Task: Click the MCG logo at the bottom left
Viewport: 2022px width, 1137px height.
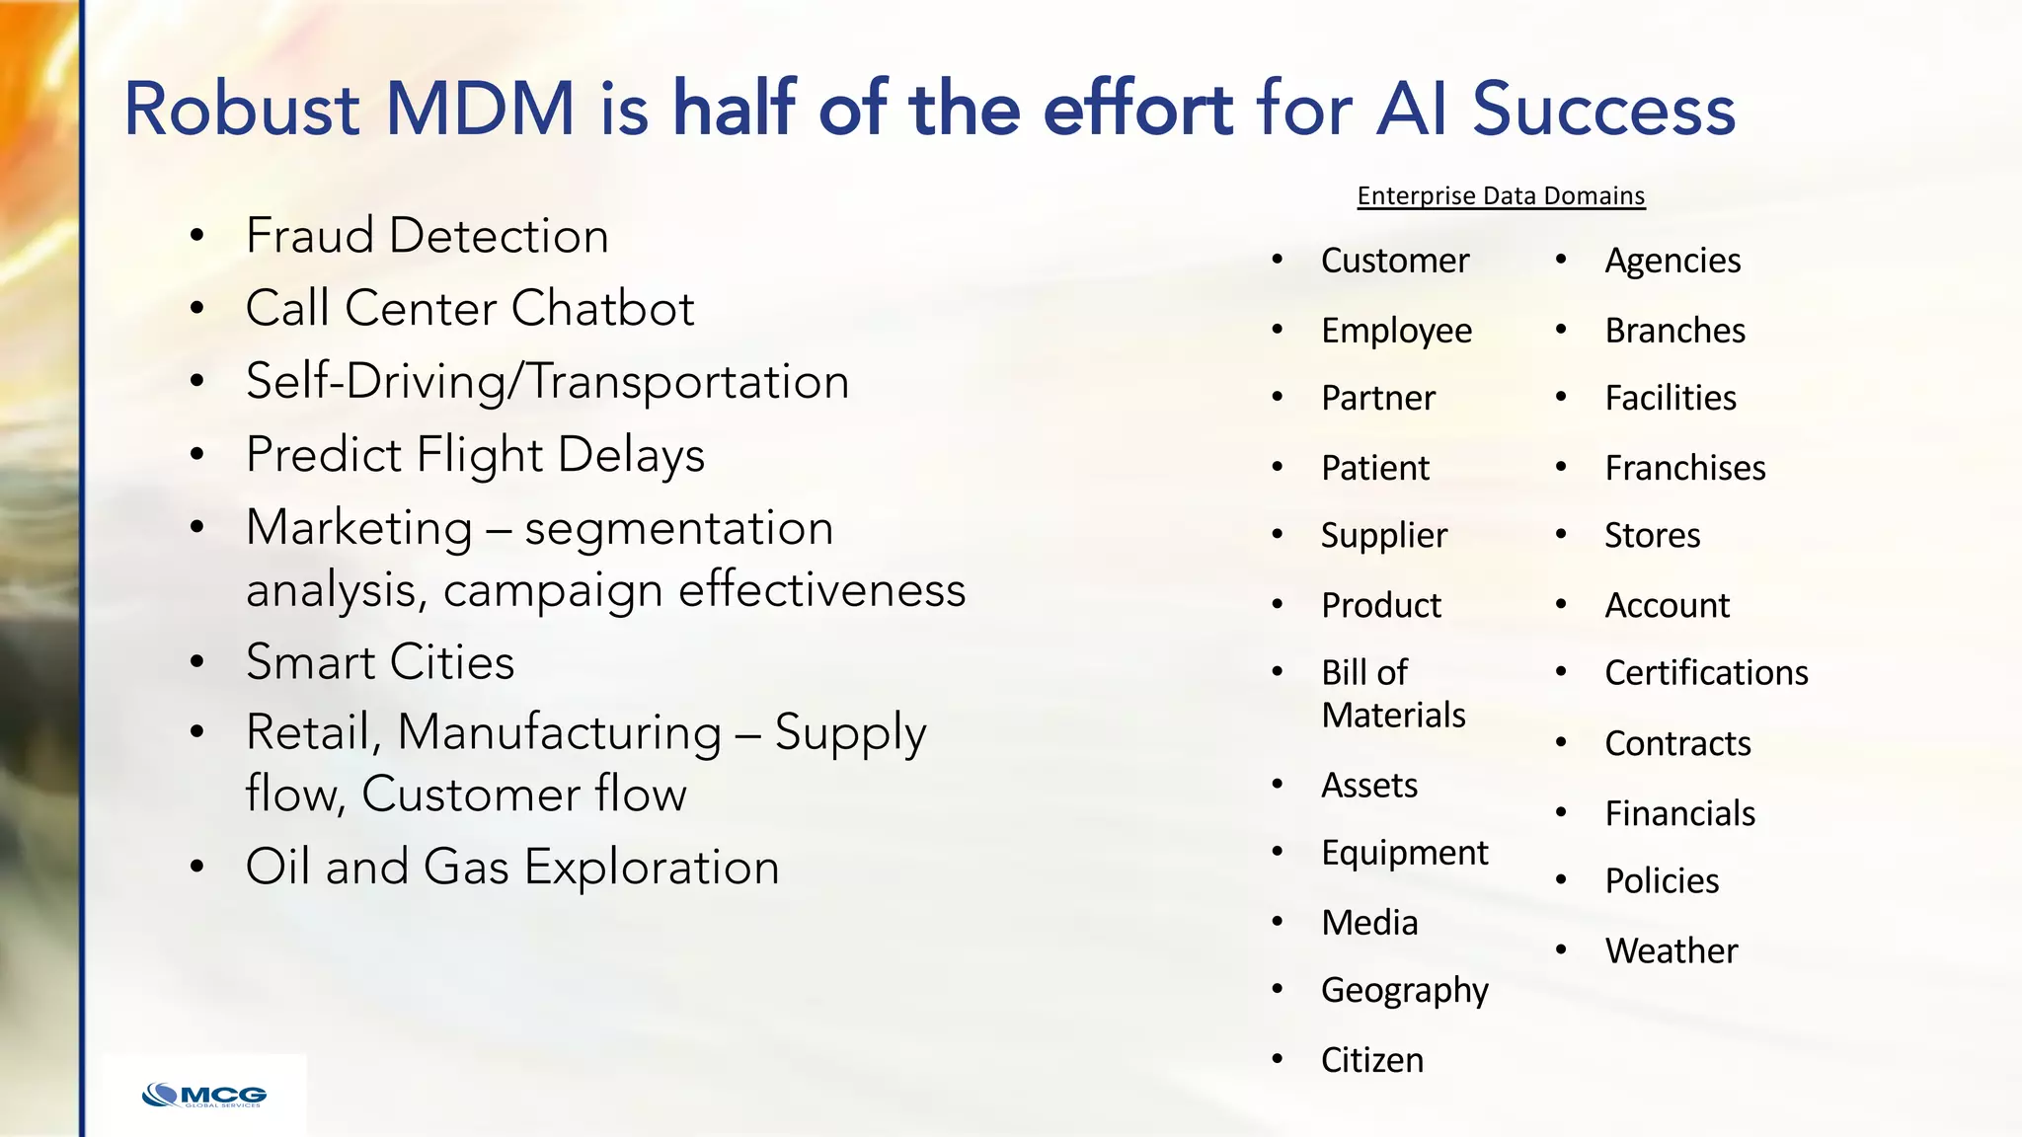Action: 204,1095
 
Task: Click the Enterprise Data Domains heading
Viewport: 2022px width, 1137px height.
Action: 1501,195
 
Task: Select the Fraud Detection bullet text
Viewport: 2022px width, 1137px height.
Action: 427,236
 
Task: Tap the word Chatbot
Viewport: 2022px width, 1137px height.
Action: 602,308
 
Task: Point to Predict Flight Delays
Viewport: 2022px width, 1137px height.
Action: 475,455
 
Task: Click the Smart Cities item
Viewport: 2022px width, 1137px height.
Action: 380,662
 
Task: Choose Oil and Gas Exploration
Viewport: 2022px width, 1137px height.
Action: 511,867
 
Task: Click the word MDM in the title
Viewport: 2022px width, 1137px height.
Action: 480,109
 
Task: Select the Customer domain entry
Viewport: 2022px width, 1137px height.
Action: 1394,261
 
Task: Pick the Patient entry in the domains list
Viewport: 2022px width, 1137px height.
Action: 1374,468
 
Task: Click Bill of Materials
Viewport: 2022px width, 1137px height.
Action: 1392,693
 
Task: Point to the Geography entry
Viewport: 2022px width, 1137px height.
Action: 1404,990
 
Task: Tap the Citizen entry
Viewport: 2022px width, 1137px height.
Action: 1372,1060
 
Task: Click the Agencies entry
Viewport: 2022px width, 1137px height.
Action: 1672,261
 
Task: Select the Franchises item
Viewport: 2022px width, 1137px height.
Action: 1684,468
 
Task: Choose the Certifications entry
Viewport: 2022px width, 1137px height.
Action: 1706,673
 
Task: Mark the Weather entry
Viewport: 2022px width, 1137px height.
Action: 1671,950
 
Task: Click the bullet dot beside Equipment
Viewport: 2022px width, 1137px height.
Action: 1277,852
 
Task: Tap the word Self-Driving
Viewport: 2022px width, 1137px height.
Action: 375,382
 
